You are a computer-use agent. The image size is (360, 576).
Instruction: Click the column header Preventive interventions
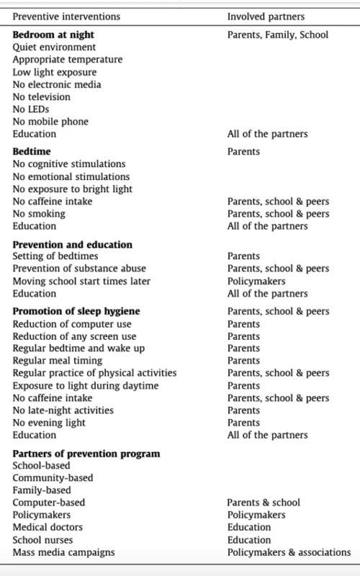pyautogui.click(x=66, y=15)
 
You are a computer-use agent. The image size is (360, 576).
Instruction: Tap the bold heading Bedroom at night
pyautogui.click(x=53, y=35)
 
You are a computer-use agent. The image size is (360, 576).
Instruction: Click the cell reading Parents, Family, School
pyautogui.click(x=278, y=35)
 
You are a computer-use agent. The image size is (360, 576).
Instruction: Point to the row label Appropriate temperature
pyautogui.click(x=68, y=60)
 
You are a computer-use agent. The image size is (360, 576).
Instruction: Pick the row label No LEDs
pyautogui.click(x=32, y=109)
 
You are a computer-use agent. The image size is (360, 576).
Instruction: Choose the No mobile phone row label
pyautogui.click(x=50, y=122)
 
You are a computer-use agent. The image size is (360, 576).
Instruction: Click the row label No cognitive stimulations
pyautogui.click(x=69, y=164)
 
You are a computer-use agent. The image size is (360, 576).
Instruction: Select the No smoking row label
pyautogui.click(x=39, y=213)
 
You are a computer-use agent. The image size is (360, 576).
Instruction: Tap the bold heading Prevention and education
pyautogui.click(x=73, y=245)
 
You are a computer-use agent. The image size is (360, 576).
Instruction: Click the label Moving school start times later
pyautogui.click(x=81, y=282)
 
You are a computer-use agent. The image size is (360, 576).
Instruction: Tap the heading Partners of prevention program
pyautogui.click(x=86, y=454)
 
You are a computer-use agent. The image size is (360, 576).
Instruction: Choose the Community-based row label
pyautogui.click(x=53, y=477)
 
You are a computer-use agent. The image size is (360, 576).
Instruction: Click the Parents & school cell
pyautogui.click(x=264, y=503)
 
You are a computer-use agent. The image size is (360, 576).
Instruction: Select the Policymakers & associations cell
pyautogui.click(x=289, y=552)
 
